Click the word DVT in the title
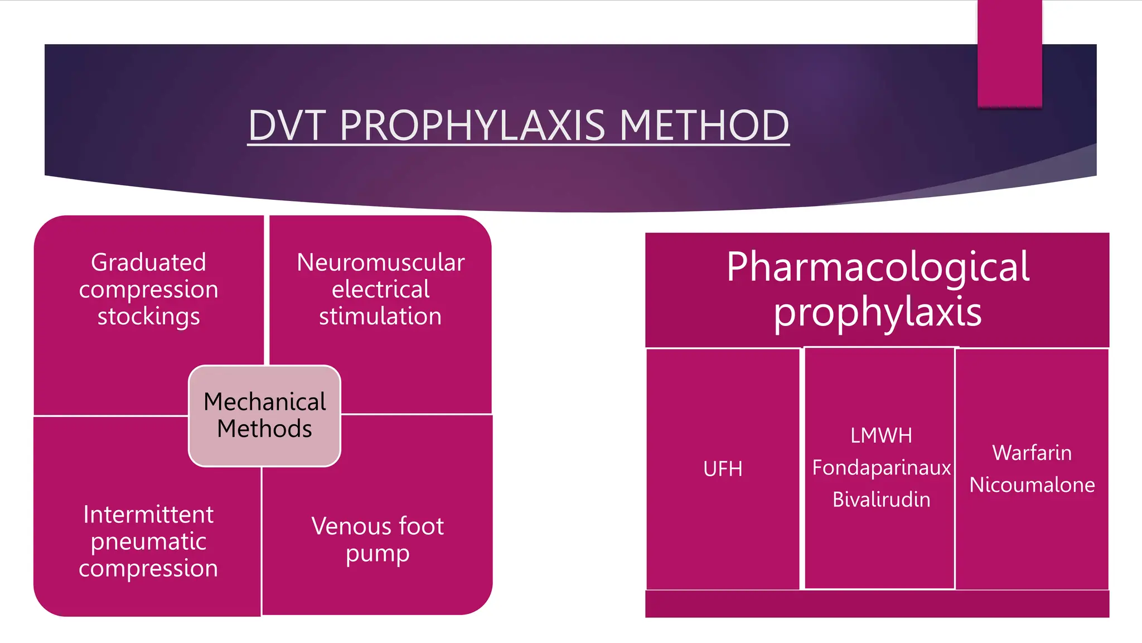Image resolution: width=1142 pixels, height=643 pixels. (287, 125)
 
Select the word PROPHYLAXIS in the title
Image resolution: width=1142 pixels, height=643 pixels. (472, 125)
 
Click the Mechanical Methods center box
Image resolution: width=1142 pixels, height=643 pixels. (264, 415)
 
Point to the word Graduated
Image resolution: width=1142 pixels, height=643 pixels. (148, 262)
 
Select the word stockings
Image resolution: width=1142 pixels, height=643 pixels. (148, 316)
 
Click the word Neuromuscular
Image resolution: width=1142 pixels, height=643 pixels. (380, 262)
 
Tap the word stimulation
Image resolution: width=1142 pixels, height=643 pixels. (380, 316)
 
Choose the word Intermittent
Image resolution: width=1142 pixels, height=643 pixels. (148, 515)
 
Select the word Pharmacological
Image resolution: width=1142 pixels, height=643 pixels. (878, 267)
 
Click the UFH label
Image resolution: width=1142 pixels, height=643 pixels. (723, 469)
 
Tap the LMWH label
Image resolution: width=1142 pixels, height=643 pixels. (881, 435)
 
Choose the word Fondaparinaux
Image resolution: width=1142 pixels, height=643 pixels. (881, 468)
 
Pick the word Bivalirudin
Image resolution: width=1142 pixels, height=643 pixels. (881, 500)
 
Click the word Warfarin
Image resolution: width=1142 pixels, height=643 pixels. (1032, 453)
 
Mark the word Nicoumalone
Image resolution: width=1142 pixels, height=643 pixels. (1032, 484)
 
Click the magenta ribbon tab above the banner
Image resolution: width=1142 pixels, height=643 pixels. (1009, 53)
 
